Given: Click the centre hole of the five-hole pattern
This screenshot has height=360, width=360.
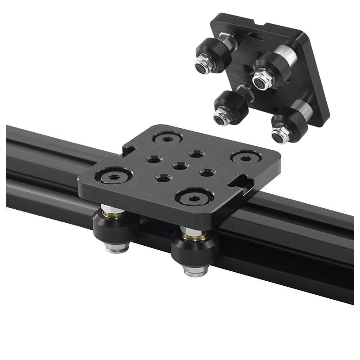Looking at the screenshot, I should point(180,166).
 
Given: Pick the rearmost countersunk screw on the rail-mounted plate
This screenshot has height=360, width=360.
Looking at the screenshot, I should point(167,139).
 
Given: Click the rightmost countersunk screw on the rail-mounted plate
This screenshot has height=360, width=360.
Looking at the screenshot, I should point(246,157).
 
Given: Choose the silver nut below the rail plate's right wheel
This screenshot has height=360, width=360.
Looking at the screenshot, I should point(196,270).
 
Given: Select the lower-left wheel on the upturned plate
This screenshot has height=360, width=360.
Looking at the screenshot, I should point(229,108).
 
